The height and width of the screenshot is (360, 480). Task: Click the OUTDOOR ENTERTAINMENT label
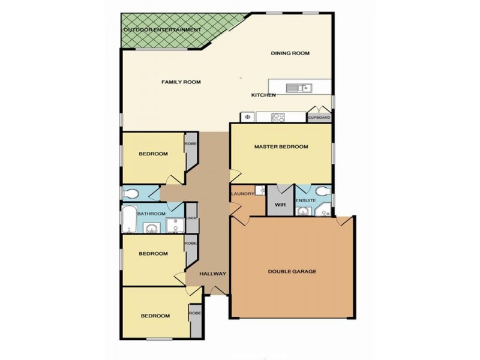pyautogui.click(x=162, y=29)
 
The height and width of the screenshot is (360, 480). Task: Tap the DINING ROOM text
pyautogui.click(x=290, y=53)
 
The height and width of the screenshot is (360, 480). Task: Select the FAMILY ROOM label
pyautogui.click(x=181, y=82)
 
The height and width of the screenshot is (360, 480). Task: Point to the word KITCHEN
pyautogui.click(x=263, y=95)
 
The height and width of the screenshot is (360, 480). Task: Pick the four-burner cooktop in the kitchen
pyautogui.click(x=278, y=118)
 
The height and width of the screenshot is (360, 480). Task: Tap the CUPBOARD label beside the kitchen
pyautogui.click(x=319, y=118)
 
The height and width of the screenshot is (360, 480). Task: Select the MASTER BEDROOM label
pyautogui.click(x=281, y=146)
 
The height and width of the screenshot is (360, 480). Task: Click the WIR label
pyautogui.click(x=280, y=205)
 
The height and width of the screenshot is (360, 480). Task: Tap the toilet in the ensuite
pyautogui.click(x=323, y=192)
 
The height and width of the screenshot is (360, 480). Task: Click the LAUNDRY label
pyautogui.click(x=242, y=193)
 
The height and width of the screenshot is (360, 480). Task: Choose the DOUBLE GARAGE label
pyautogui.click(x=292, y=271)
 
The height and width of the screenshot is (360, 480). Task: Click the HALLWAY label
pyautogui.click(x=213, y=274)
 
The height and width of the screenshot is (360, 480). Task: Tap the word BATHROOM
pyautogui.click(x=151, y=214)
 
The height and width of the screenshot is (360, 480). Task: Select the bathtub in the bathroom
pyautogui.click(x=129, y=220)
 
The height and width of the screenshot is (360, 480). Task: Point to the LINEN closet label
pyautogui.click(x=191, y=218)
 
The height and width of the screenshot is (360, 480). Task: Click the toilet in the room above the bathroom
pyautogui.click(x=130, y=193)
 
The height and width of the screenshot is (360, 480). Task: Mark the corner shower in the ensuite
pyautogui.click(x=325, y=210)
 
